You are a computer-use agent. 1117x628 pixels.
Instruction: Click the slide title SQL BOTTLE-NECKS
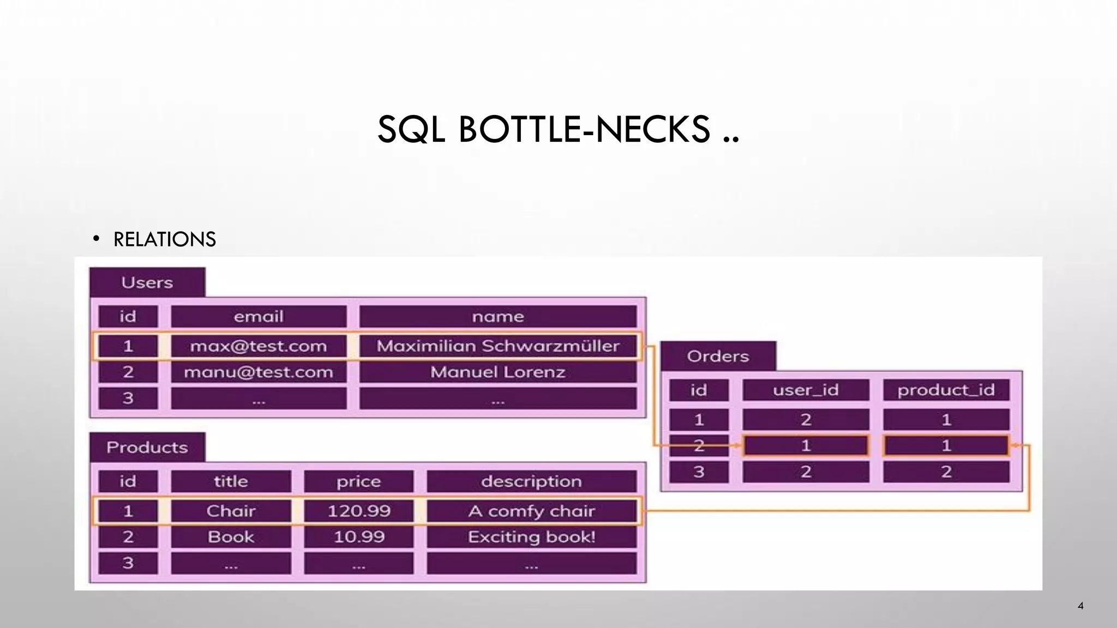(557, 130)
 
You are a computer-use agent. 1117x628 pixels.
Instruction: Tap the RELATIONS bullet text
(164, 239)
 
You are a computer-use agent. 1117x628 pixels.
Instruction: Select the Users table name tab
(147, 282)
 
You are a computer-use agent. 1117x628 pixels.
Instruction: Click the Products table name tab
(147, 448)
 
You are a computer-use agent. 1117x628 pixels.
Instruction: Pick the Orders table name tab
(718, 357)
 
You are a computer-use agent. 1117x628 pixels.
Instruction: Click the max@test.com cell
(259, 346)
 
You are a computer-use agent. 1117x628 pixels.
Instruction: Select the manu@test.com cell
(259, 372)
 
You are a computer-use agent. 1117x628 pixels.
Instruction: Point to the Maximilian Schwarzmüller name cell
(497, 346)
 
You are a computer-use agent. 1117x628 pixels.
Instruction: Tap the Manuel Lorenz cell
(497, 372)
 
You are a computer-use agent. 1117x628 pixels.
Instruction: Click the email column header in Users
(259, 317)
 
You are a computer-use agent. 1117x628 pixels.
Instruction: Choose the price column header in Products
(358, 481)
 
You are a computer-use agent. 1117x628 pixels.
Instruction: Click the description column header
(531, 481)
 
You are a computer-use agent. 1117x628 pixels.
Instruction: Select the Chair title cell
(231, 511)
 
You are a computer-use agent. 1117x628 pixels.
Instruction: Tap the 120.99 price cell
(358, 511)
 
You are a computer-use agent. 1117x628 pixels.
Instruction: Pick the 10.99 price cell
(358, 537)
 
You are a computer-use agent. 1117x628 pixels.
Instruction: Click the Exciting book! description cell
(531, 537)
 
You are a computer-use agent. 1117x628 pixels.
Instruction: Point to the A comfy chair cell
(531, 511)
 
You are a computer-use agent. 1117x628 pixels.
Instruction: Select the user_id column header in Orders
(806, 390)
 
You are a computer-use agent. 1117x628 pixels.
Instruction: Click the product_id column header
(946, 390)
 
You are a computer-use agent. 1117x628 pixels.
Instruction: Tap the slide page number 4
(1080, 606)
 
